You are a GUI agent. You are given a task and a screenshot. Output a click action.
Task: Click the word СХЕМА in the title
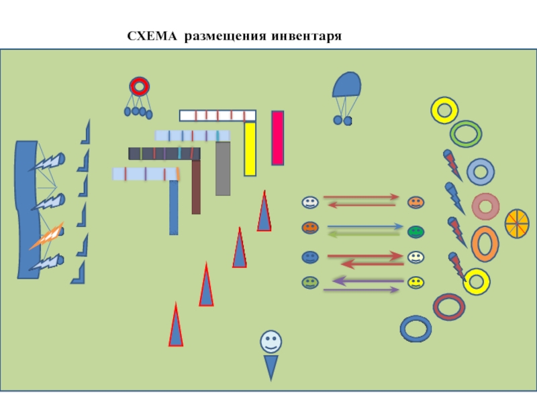(x=153, y=35)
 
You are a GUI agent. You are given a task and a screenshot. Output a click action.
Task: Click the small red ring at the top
(x=140, y=86)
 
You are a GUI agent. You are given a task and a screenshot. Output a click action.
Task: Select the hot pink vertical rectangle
(x=277, y=138)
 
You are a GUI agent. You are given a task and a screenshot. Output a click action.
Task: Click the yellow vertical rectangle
(x=250, y=149)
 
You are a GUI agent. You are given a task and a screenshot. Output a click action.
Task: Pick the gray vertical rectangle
(x=223, y=168)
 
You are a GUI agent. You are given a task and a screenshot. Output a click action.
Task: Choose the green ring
(x=466, y=133)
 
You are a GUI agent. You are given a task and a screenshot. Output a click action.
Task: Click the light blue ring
(x=481, y=172)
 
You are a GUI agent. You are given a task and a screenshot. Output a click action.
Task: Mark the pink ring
(x=485, y=206)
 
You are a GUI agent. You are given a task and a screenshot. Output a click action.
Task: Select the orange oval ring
(x=485, y=243)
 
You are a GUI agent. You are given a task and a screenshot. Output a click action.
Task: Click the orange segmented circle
(x=517, y=223)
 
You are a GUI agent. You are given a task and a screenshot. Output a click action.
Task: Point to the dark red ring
(x=449, y=307)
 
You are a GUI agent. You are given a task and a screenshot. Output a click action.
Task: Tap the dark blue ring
(x=416, y=329)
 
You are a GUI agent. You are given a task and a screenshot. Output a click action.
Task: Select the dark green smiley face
(x=416, y=232)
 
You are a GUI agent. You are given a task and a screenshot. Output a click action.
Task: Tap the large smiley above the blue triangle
(x=271, y=341)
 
